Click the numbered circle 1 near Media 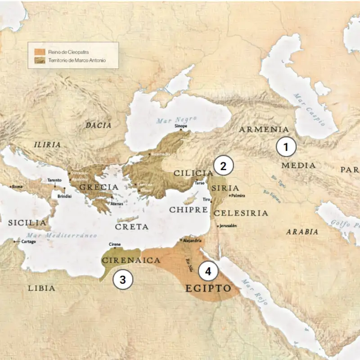tap(286, 147)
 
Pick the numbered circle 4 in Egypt tap(207, 271)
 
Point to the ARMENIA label tap(264, 130)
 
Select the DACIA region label tap(98, 126)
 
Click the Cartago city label tap(28, 242)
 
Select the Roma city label tap(17, 186)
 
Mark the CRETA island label tap(132, 227)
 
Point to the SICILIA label tap(27, 223)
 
